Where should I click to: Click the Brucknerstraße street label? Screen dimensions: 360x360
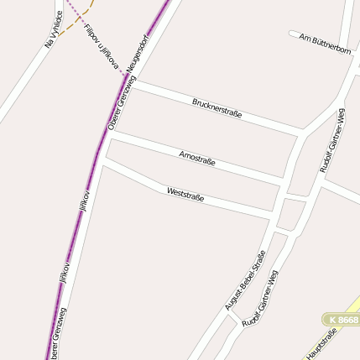(217, 107)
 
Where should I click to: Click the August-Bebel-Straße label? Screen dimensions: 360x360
(245, 280)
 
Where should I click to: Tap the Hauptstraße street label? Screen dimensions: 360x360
(321, 344)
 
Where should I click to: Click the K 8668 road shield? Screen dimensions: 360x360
(343, 321)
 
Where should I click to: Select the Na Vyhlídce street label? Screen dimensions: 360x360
(53, 28)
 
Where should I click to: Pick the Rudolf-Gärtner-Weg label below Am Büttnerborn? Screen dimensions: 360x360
(331, 140)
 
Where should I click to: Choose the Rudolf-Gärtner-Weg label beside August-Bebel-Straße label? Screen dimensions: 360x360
(259, 298)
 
